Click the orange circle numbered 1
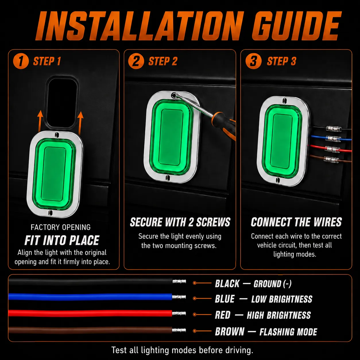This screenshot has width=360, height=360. pyautogui.click(x=21, y=61)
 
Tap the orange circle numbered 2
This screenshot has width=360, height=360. pyautogui.click(x=136, y=61)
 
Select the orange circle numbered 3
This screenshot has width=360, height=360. pyautogui.click(x=253, y=61)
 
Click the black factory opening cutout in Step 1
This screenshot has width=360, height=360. pyautogui.click(x=62, y=102)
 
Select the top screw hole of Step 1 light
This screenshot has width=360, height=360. pyautogui.click(x=57, y=135)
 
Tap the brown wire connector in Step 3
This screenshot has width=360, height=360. pyautogui.click(x=331, y=160)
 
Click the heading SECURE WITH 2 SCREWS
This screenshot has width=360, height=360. pyautogui.click(x=180, y=222)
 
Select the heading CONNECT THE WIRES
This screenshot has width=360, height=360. pyautogui.click(x=296, y=222)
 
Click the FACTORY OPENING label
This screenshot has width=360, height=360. pyautogui.click(x=61, y=227)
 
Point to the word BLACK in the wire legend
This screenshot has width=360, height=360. pyautogui.click(x=227, y=284)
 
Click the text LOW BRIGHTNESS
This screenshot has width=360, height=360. pyautogui.click(x=282, y=299)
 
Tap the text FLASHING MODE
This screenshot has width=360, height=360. pyautogui.click(x=288, y=332)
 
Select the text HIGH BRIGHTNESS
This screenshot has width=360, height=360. pyautogui.click(x=279, y=315)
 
